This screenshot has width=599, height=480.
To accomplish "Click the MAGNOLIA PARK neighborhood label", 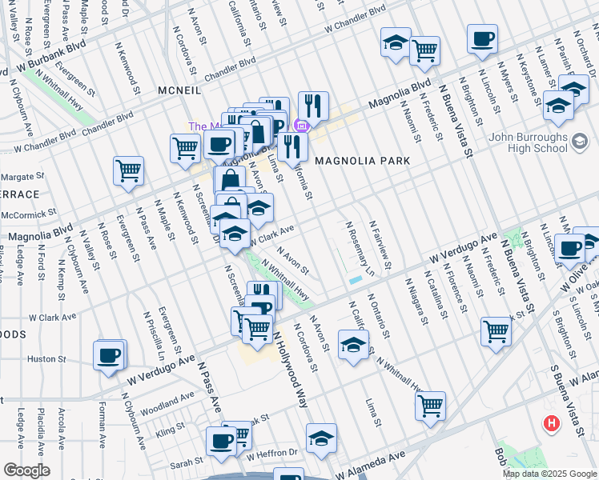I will pyautogui.click(x=362, y=161).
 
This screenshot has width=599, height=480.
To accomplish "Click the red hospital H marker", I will pyautogui.click(x=551, y=423).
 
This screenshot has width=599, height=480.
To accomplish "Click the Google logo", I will pyautogui.click(x=26, y=470).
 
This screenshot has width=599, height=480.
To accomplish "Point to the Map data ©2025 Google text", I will pyautogui.click(x=549, y=474).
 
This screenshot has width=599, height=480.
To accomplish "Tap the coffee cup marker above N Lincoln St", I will pyautogui.click(x=483, y=39).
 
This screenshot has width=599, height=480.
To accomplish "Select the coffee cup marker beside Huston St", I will pyautogui.click(x=109, y=355).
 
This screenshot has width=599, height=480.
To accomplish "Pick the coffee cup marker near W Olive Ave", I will pyautogui.click(x=569, y=248).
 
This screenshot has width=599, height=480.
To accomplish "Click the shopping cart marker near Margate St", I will pyautogui.click(x=128, y=170).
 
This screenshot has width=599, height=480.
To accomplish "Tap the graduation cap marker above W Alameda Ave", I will pyautogui.click(x=321, y=439).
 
